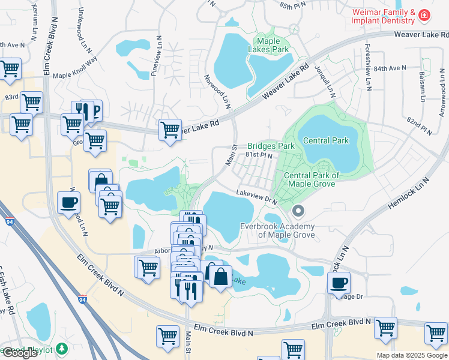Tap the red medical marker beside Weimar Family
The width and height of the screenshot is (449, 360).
coord(424,15)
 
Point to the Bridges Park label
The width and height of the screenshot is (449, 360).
coord(271,146)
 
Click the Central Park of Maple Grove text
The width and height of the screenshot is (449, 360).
coord(312,180)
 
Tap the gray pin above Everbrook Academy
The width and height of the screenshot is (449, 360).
coord(298,211)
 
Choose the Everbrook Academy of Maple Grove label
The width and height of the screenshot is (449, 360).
coord(277,230)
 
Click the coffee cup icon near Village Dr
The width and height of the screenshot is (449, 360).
coord(339,283)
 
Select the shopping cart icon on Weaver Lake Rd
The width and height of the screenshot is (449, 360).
coord(170,129)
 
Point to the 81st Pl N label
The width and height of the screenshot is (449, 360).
coord(259,155)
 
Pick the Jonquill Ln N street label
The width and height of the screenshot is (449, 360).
coord(330,82)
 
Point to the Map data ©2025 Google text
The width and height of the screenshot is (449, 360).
coord(411,355)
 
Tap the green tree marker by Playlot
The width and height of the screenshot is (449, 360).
coord(61,349)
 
